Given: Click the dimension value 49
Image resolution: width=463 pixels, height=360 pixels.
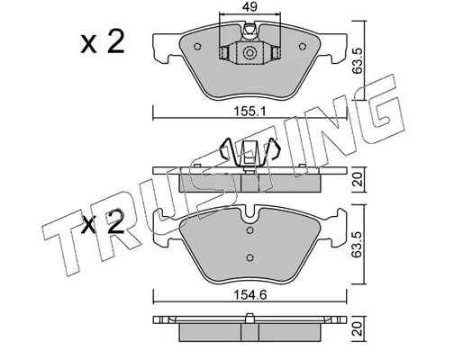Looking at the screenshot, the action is (250, 6).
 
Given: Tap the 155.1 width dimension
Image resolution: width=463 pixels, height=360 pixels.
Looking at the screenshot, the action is (250, 112).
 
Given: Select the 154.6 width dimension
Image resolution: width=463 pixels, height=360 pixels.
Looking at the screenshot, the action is (250, 295).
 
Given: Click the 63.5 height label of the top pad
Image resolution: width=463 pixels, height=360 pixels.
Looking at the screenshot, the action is (358, 61).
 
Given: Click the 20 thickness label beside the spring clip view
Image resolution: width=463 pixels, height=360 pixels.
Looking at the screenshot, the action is (359, 180).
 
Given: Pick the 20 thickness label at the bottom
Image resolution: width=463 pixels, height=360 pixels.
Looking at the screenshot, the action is (359, 328).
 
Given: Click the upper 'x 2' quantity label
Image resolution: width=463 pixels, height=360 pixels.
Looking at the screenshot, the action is (103, 42).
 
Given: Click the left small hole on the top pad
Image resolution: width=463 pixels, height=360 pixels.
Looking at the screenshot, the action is (197, 47).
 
